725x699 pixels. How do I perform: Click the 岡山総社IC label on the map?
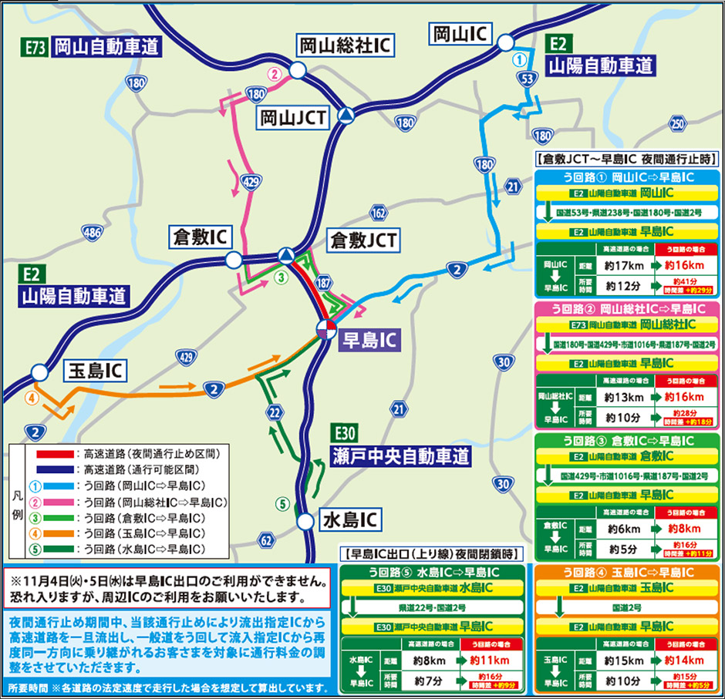(x=346, y=46)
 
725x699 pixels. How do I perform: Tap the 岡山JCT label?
(x=294, y=117)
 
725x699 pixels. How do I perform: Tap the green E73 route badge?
(x=34, y=46)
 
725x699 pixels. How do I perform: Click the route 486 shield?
(x=92, y=231)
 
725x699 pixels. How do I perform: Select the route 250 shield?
(x=677, y=123)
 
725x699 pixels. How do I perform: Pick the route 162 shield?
(x=378, y=212)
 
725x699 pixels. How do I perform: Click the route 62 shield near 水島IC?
(x=266, y=540)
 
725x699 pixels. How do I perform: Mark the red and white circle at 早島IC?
(x=326, y=330)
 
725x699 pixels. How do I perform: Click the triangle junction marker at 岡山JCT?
(x=349, y=116)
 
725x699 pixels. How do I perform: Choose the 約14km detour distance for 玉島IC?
(x=678, y=660)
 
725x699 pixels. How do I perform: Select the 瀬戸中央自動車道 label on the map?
(x=401, y=455)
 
